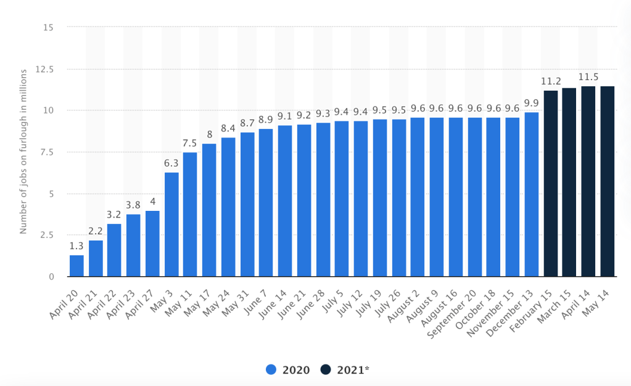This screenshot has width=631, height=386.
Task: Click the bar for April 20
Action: pos(76,266)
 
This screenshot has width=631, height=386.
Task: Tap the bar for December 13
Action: pos(531,194)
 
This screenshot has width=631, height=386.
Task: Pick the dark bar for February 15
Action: pos(550,184)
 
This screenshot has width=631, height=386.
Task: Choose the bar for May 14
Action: pos(607,181)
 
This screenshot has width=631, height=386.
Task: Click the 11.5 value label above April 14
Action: pos(588,78)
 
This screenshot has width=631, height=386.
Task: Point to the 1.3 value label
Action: pos(76,247)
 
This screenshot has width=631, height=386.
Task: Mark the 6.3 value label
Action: pos(171,164)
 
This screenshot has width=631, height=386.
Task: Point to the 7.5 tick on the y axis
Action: pos(47,152)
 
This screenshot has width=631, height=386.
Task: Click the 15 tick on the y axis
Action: pos(49,28)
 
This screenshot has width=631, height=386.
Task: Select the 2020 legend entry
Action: pos(287,369)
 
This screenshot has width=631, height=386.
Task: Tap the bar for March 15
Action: pos(569,183)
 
